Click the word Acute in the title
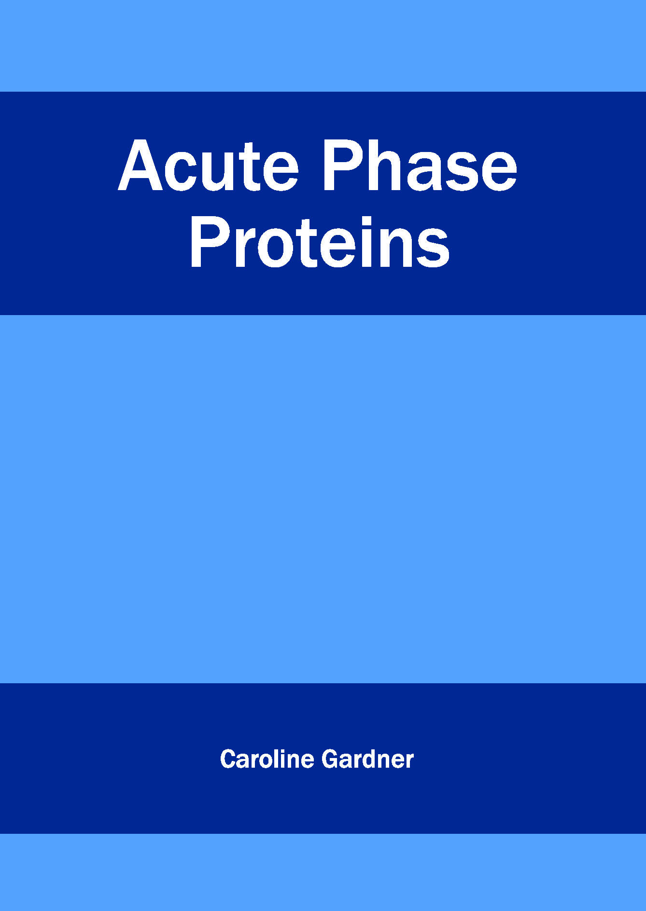click(208, 166)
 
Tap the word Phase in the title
click(420, 166)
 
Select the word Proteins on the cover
click(320, 242)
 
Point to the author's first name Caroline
click(267, 759)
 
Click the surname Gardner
click(368, 759)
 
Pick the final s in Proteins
click(433, 248)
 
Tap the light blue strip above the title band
click(323, 46)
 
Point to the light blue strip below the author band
click(323, 872)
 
